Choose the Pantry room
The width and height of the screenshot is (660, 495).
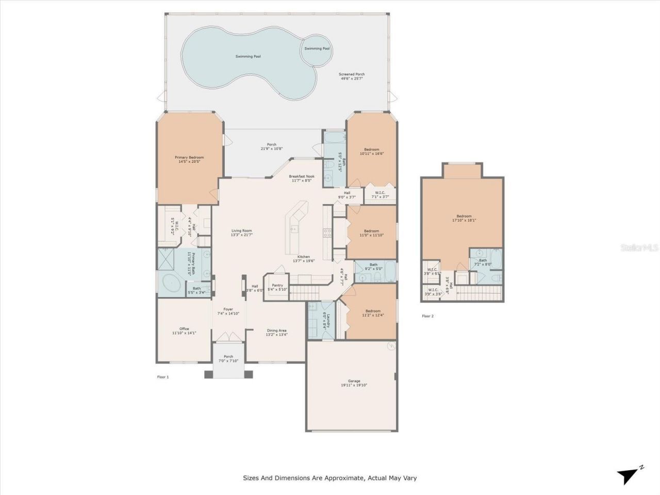coord(277,288)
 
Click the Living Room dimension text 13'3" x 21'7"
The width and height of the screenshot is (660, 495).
coord(241,235)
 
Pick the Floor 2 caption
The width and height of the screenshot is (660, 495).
coord(428,316)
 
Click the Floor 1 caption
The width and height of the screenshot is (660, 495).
coord(163,377)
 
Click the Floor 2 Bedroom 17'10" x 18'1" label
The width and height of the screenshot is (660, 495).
coord(464,218)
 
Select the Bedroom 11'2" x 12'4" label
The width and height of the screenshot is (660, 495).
coord(373,313)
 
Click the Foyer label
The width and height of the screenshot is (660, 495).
coord(228,311)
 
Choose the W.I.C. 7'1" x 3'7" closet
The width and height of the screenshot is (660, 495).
coord(380,195)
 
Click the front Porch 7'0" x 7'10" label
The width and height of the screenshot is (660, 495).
coord(228,359)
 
